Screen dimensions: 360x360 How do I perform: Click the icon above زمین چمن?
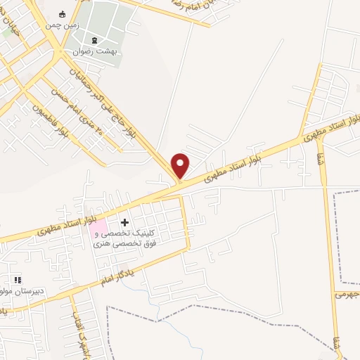[62, 14]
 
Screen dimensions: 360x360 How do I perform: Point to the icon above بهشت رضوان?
[96, 39]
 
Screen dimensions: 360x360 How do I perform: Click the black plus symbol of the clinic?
[125, 222]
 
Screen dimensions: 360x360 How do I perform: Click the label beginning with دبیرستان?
[21, 290]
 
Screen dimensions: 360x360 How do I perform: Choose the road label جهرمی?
[349, 295]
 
